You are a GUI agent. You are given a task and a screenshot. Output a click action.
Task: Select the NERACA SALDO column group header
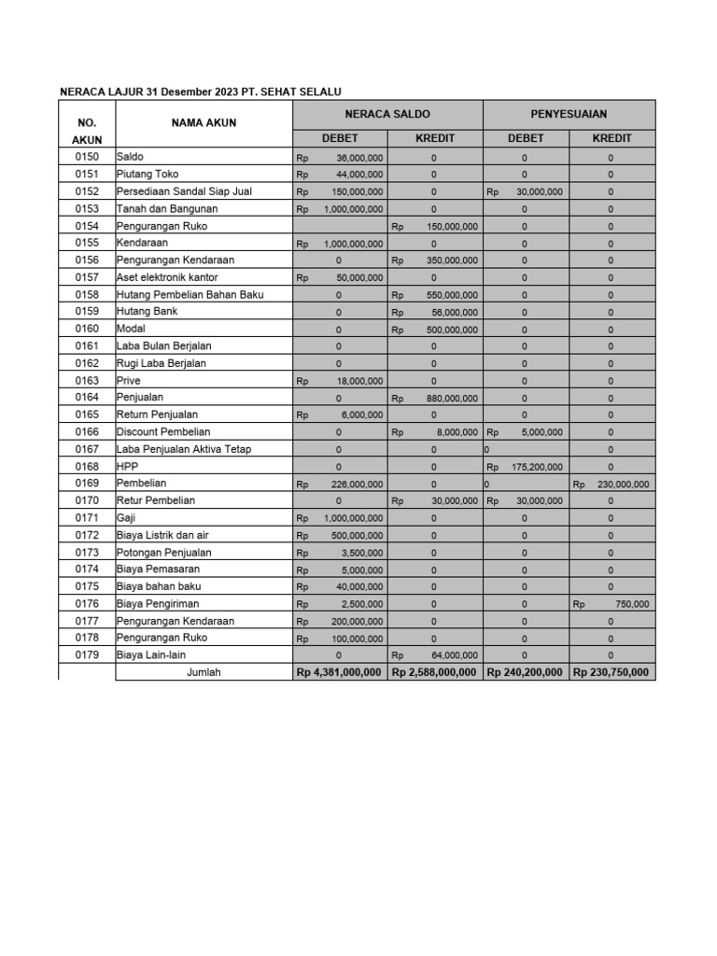387,114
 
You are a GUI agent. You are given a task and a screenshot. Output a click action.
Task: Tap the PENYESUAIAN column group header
569,114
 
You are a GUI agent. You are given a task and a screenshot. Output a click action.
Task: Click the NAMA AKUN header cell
204,122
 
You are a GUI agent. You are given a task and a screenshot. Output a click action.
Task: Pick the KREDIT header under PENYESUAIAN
612,138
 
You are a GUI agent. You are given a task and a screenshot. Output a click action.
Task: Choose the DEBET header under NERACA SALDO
340,138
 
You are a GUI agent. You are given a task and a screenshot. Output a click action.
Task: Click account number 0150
87,157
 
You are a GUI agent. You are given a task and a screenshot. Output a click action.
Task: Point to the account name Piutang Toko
147,174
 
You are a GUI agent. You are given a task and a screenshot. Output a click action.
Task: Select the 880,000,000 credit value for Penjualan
446,398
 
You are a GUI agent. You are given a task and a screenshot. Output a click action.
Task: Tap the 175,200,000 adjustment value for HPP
537,467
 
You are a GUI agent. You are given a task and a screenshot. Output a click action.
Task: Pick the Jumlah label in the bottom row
204,672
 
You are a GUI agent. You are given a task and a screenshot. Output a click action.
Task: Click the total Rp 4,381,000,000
340,672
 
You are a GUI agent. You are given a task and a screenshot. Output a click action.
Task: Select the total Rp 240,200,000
525,672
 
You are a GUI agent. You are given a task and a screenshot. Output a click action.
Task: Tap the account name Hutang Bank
147,311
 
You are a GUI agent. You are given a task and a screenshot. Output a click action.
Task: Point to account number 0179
87,655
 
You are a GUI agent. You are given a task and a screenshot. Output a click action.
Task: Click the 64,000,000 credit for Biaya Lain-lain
452,655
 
